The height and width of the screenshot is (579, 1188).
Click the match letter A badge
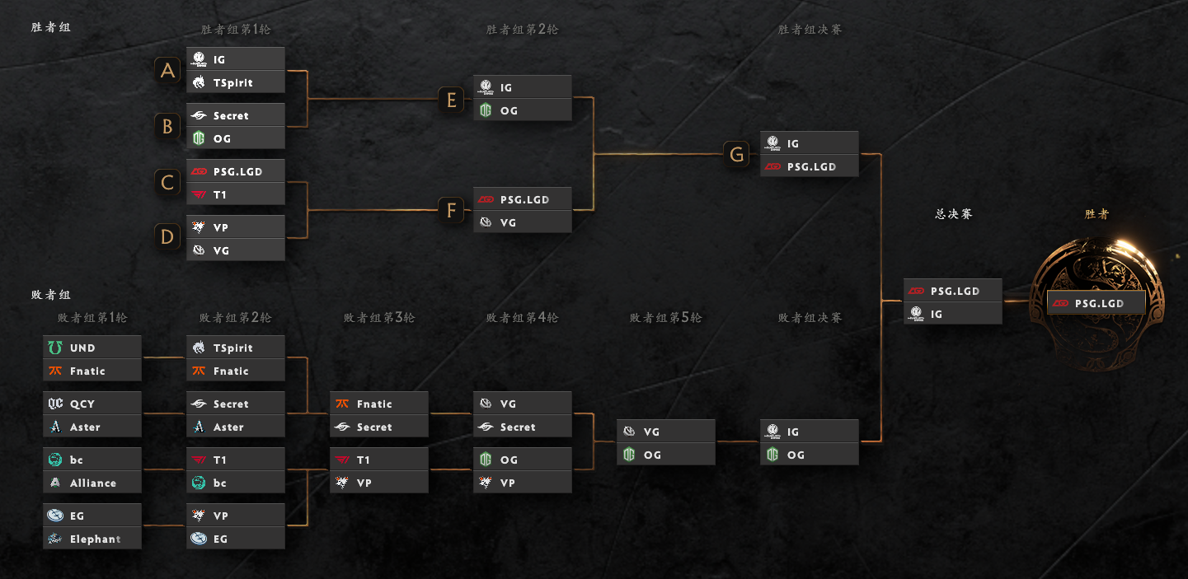click(167, 71)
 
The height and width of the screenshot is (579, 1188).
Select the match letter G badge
click(737, 154)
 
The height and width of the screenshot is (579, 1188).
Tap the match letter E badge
click(451, 99)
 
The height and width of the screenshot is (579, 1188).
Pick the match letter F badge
click(451, 210)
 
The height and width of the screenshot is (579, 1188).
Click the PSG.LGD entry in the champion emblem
click(1096, 303)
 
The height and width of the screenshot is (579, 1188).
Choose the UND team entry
click(92, 348)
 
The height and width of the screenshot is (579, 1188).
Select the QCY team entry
click(92, 404)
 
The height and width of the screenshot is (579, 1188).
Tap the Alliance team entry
click(92, 483)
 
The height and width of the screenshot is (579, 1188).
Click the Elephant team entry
click(92, 538)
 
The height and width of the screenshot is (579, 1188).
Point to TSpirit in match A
click(236, 82)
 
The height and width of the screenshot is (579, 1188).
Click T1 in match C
click(236, 194)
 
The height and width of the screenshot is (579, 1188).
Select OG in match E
click(523, 110)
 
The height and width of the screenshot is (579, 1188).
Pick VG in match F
click(523, 222)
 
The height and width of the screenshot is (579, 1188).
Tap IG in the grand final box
click(953, 314)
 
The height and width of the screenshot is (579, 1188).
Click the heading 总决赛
click(954, 214)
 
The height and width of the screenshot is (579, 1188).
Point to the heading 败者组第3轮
click(379, 317)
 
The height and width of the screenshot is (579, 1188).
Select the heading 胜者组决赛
click(810, 29)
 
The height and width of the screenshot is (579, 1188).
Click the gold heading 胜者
click(1096, 214)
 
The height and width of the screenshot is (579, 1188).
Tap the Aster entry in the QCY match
click(92, 427)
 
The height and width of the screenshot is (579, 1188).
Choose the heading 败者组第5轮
click(665, 317)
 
